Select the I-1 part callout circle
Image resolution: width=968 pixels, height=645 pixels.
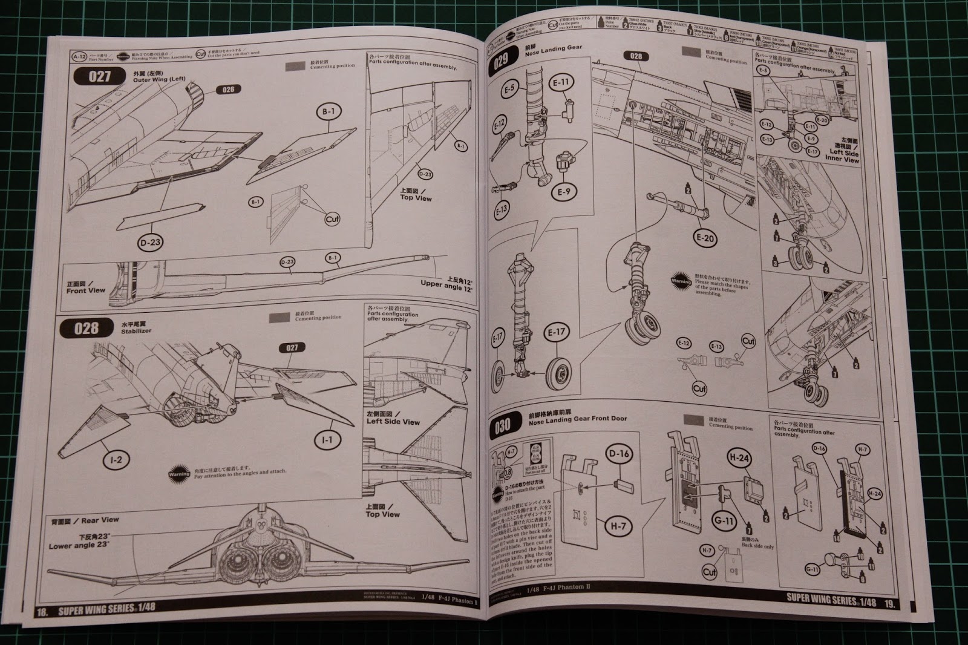pos(327,440)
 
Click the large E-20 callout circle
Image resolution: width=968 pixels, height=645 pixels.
pos(705,238)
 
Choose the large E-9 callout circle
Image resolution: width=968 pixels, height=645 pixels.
pos(564,192)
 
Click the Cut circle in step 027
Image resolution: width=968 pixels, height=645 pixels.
pos(332,219)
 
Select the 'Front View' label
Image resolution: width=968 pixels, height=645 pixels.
pos(85,287)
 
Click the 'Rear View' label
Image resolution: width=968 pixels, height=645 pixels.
pos(98,519)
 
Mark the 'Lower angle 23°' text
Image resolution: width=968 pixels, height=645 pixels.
pos(80,542)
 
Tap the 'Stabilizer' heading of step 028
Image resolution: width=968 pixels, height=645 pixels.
pos(136,331)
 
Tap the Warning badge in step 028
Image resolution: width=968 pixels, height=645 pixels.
pos(178,470)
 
